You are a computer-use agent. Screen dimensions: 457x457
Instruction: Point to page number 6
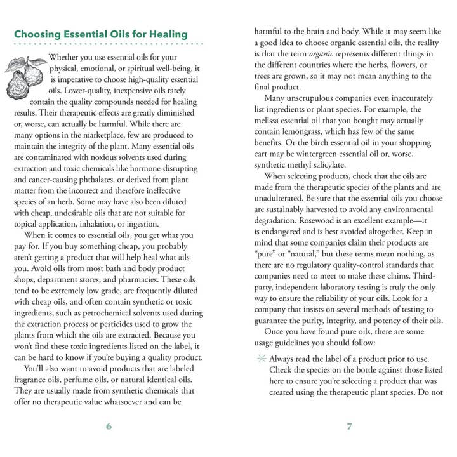click(x=109, y=427)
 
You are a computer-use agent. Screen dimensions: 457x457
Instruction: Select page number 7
click(x=349, y=427)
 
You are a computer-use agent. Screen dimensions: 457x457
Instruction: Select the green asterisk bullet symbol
click(x=260, y=359)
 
